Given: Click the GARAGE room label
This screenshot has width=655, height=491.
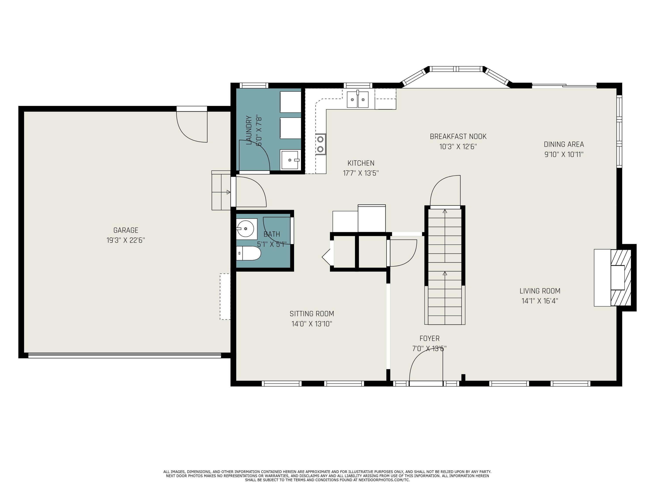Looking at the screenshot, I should pos(126,230).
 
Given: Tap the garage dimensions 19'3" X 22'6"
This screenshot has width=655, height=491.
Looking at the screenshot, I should pos(126,240).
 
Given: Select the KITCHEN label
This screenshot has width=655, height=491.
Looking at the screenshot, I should pos(361,163).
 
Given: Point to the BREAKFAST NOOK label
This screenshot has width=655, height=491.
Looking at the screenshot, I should pos(458,136).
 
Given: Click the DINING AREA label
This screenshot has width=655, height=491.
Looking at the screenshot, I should pos(564,144).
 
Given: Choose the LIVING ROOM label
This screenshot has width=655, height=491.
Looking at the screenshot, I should pos(540,291).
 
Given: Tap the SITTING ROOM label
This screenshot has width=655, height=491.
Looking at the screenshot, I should pos(312,314).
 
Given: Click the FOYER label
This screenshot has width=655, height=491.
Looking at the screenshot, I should pos(429,338).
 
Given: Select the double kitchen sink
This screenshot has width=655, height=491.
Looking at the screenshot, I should pos(358,100).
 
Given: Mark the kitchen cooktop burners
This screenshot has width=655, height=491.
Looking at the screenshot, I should pos(320,144).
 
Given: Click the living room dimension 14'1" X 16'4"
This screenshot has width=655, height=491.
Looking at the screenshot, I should pos(540,301).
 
